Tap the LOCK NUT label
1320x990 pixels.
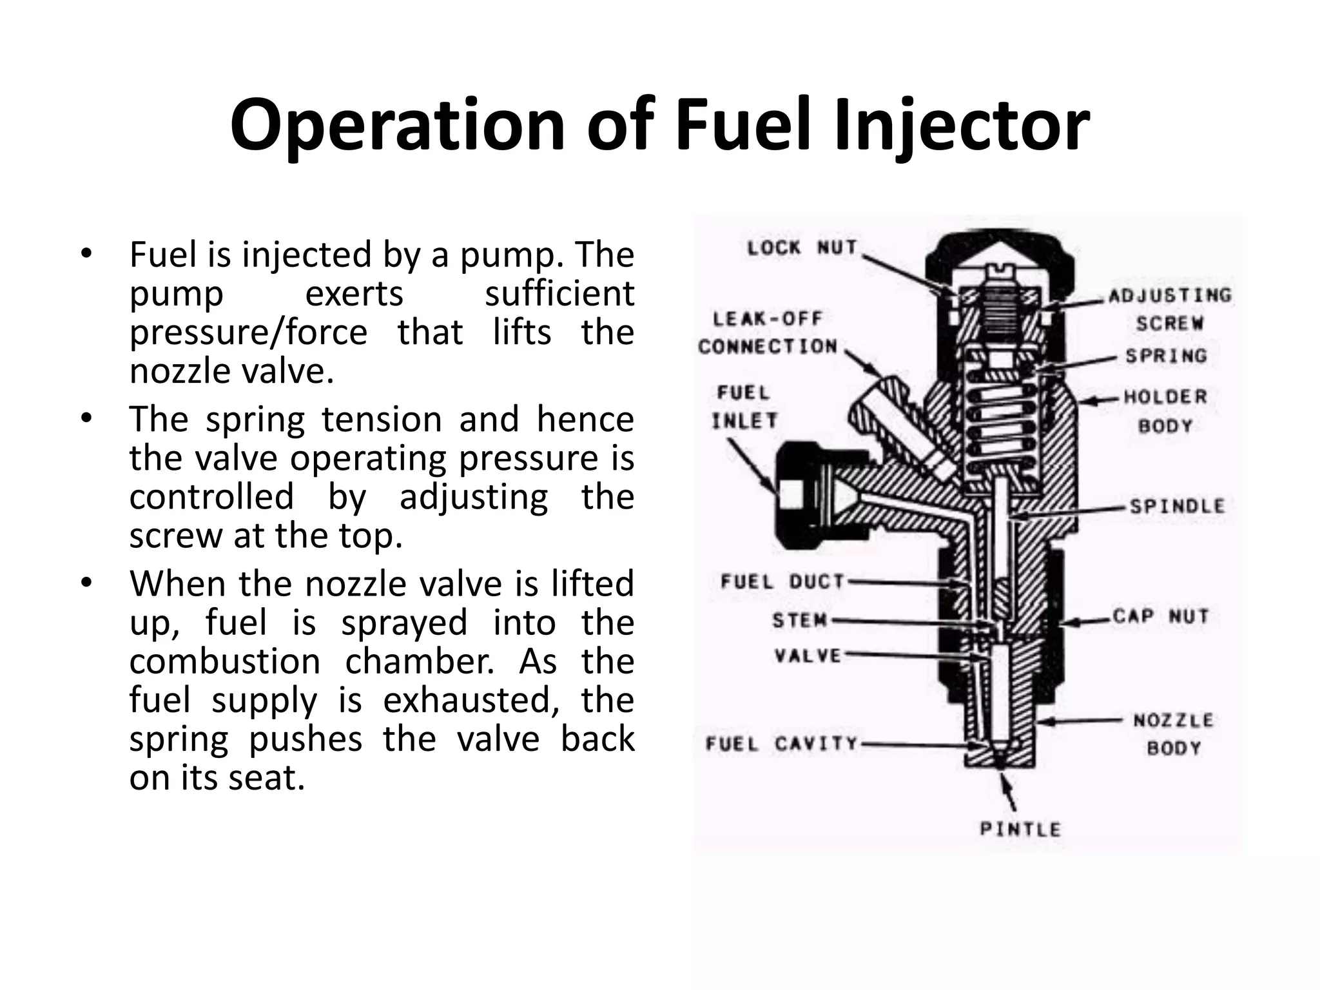click(802, 247)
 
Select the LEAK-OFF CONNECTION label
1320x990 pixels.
click(768, 333)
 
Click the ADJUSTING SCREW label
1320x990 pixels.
click(1169, 309)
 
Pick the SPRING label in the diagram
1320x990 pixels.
click(1165, 356)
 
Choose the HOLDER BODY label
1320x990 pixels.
click(1165, 411)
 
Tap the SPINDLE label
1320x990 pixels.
click(1177, 507)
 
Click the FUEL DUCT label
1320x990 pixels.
click(782, 582)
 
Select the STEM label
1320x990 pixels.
click(799, 620)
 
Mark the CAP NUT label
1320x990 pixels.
click(1160, 616)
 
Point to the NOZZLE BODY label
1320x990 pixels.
click(1173, 733)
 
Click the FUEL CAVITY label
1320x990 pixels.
click(782, 744)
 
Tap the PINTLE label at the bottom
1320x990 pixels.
click(1020, 830)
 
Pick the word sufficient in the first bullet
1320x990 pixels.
click(559, 294)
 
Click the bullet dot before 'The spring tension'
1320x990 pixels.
click(87, 418)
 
